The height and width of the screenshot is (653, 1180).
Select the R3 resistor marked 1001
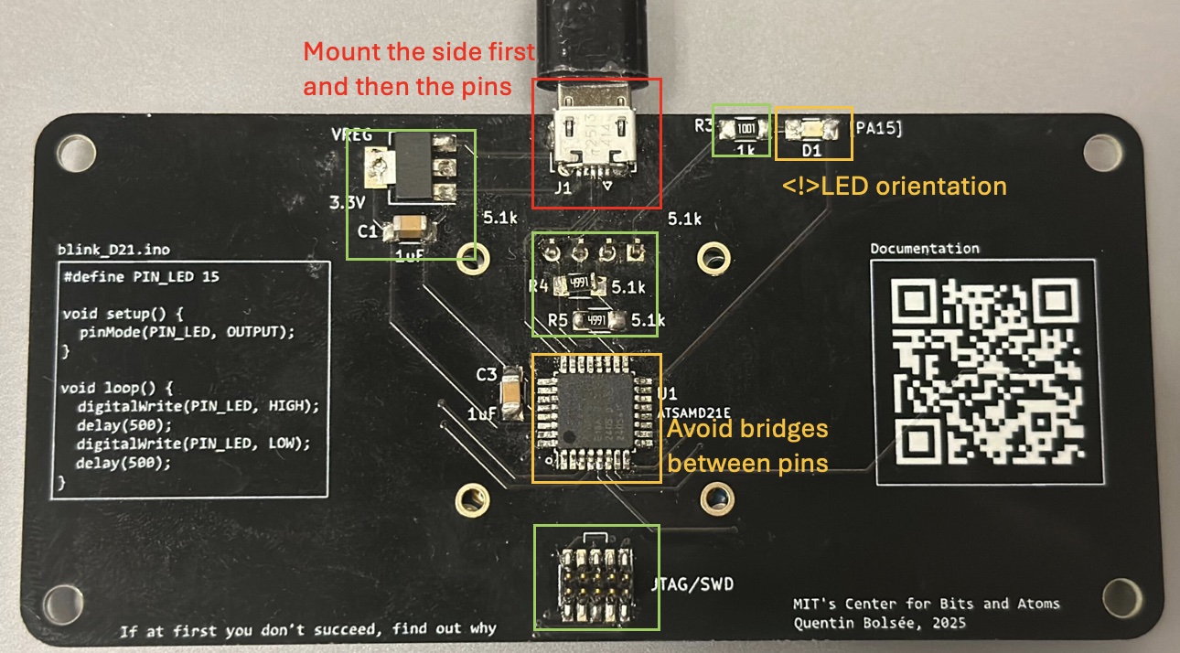(x=746, y=129)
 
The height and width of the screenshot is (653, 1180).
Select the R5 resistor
(x=597, y=320)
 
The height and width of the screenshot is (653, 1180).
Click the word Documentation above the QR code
(x=924, y=249)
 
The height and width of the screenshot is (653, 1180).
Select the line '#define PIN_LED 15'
(x=142, y=275)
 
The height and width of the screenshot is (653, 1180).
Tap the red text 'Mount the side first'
(x=418, y=51)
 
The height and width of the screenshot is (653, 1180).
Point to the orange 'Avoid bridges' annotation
(x=746, y=429)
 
